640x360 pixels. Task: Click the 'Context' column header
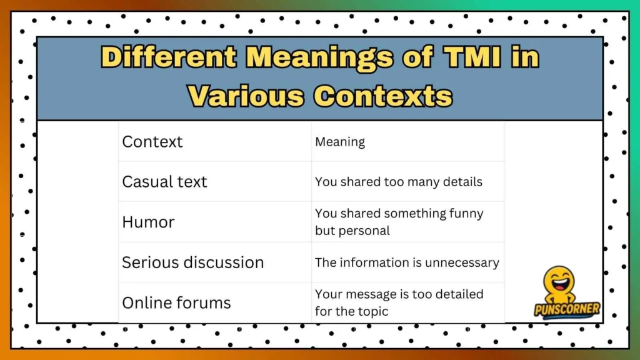[152, 142]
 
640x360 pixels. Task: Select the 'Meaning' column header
[340, 142]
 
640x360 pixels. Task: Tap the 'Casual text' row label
[164, 182]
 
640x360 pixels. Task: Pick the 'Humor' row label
[148, 222]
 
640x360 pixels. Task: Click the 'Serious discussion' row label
[192, 262]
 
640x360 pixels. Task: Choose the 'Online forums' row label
[176, 303]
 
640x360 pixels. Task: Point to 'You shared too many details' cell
[399, 182]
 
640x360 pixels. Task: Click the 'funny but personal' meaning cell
[399, 222]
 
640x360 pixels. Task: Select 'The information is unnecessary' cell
[407, 262]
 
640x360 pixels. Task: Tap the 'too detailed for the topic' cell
[399, 302]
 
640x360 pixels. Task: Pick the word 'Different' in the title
[168, 58]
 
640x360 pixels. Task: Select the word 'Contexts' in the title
[382, 96]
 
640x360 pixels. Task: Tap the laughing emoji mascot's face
[558, 282]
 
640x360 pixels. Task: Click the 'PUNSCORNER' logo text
[567, 309]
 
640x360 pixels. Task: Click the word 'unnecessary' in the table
[461, 262]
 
